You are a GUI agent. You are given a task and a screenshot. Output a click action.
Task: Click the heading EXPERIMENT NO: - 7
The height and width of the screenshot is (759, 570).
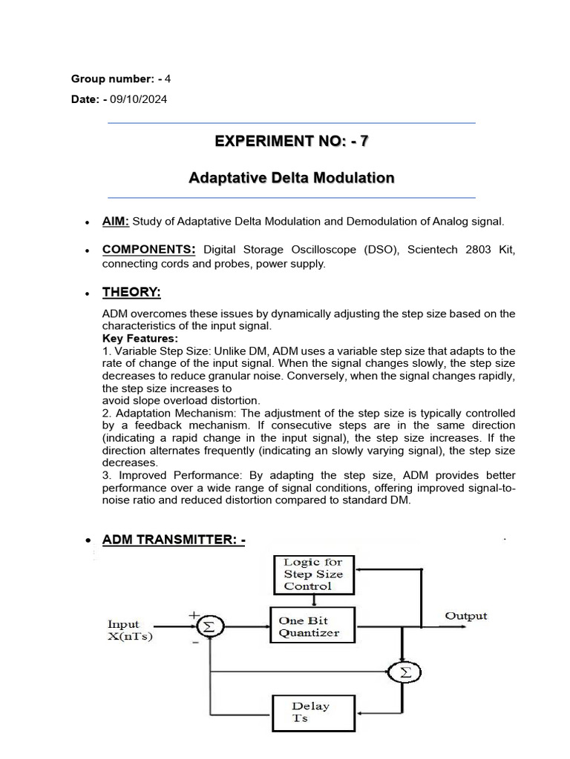[x=291, y=142]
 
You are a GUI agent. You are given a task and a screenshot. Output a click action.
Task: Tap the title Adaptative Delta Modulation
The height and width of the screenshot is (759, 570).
[x=291, y=179]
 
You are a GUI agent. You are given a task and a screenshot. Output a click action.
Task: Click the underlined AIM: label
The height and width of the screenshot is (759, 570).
[x=116, y=221]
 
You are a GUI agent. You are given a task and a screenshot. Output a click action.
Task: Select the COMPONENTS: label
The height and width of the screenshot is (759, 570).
[x=148, y=251]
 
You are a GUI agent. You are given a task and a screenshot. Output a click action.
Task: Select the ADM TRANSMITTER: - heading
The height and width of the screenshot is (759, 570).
[x=174, y=540]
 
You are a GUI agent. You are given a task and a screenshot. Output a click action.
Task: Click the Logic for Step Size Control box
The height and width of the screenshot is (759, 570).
[x=313, y=574]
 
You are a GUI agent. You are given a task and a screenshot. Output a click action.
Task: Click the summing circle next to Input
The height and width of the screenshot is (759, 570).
[x=209, y=627]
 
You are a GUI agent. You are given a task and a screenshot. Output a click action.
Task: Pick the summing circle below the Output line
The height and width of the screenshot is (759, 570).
[x=404, y=673]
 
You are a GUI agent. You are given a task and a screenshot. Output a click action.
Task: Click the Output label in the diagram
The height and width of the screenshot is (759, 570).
[x=465, y=616]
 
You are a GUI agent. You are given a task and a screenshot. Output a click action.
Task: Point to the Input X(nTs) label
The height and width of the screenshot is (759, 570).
[x=130, y=631]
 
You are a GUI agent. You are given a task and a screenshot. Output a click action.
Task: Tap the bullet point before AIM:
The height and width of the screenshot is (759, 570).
[x=88, y=222]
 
